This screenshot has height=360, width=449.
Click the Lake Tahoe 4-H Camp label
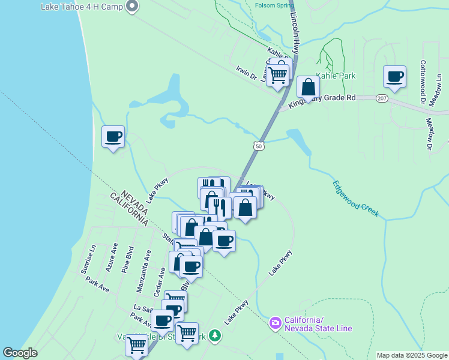pyautogui.click(x=81, y=7)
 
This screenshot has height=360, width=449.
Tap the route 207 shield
pyautogui.click(x=382, y=97)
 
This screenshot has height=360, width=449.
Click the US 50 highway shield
pyautogui.click(x=258, y=146)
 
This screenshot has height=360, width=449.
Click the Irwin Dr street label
pyautogui.click(x=246, y=74)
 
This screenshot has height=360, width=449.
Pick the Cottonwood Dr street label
pyautogui.click(x=423, y=82)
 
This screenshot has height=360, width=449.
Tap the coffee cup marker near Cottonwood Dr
pyautogui.click(x=395, y=77)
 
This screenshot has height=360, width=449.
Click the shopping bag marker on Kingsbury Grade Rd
pyautogui.click(x=308, y=88)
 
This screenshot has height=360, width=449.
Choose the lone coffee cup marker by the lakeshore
pyautogui.click(x=113, y=137)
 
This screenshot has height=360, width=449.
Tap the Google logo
pyautogui.click(x=20, y=353)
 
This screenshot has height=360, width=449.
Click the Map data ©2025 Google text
pyautogui.click(x=411, y=355)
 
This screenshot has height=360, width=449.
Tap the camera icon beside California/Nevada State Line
pyautogui.click(x=276, y=323)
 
